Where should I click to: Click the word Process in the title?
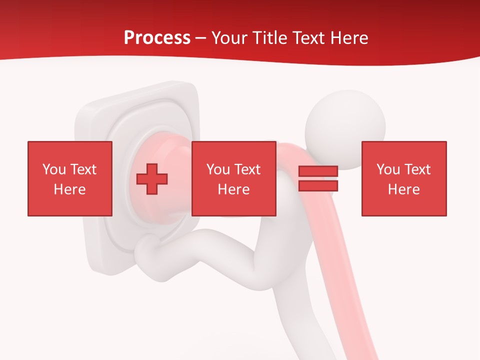[x=157, y=38]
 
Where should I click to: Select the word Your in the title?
[x=229, y=38]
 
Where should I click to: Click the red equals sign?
[x=318, y=178]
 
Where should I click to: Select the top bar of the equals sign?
[x=318, y=171]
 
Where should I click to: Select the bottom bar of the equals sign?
[x=318, y=185]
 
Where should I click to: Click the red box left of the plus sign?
[x=69, y=178]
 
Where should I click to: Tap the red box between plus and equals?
[x=233, y=178]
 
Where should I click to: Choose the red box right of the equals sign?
[x=403, y=178]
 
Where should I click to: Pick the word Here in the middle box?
[x=233, y=189]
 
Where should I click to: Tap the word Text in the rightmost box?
[x=417, y=169]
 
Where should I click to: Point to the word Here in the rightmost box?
[x=403, y=189]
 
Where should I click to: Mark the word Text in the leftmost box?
[x=83, y=169]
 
